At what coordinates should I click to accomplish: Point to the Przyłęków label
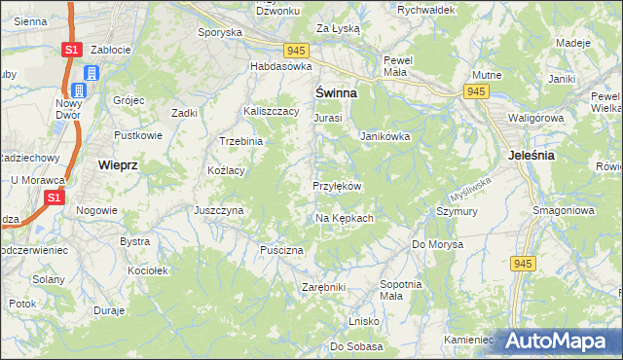click(x=337, y=186)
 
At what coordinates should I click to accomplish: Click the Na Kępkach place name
click(x=345, y=218)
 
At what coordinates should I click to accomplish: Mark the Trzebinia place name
click(x=241, y=141)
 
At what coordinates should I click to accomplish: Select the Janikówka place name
click(x=385, y=136)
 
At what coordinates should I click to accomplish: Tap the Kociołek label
click(x=148, y=270)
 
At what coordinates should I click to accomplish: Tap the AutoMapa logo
click(x=556, y=341)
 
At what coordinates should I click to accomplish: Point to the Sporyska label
click(x=219, y=32)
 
